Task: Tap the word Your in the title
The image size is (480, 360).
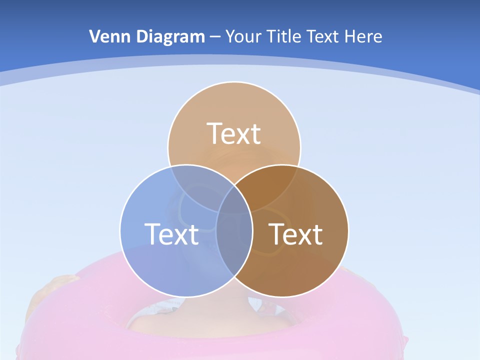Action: click(243, 36)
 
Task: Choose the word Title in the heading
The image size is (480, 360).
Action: click(284, 36)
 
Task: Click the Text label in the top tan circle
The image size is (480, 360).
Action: click(234, 133)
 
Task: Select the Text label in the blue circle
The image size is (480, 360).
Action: click(171, 233)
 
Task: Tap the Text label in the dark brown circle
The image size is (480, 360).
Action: click(296, 233)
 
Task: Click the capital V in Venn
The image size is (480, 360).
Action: click(94, 36)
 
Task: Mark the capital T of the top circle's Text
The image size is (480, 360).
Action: click(215, 133)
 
